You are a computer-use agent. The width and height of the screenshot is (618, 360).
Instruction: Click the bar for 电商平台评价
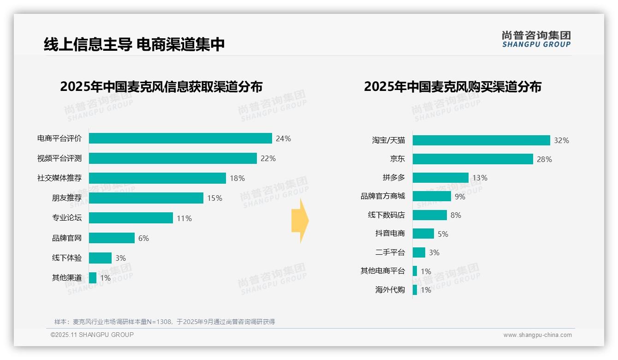[180, 138]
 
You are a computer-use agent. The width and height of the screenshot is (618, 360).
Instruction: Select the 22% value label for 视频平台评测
[268, 158]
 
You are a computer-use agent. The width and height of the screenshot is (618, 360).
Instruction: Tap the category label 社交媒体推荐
[59, 178]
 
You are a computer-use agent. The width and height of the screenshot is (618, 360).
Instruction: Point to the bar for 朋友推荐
[146, 198]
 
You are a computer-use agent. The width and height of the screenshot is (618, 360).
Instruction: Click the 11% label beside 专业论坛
[184, 218]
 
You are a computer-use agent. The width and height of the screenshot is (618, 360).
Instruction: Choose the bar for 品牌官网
[112, 238]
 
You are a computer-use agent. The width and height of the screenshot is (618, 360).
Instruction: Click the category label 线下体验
[67, 258]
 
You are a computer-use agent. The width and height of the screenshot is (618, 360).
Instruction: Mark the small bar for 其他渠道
[93, 278]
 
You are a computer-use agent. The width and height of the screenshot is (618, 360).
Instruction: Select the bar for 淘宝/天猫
[481, 140]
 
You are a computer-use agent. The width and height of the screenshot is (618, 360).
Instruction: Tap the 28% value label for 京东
[544, 159]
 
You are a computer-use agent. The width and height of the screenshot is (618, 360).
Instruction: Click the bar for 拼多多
[440, 178]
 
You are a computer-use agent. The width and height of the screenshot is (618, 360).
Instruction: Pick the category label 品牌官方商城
[383, 196]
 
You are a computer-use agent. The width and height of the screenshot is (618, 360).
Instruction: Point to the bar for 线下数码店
[430, 215]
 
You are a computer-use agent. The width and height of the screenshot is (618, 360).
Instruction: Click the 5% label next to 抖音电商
[443, 234]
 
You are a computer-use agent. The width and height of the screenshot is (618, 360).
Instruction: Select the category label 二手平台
[390, 252]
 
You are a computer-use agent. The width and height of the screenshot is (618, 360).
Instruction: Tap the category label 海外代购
[390, 290]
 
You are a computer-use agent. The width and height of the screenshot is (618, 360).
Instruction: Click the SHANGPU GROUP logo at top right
[536, 39]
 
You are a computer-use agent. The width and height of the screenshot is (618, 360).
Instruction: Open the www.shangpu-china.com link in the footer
[537, 335]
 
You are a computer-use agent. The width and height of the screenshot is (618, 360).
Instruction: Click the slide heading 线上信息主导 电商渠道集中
[134, 44]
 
